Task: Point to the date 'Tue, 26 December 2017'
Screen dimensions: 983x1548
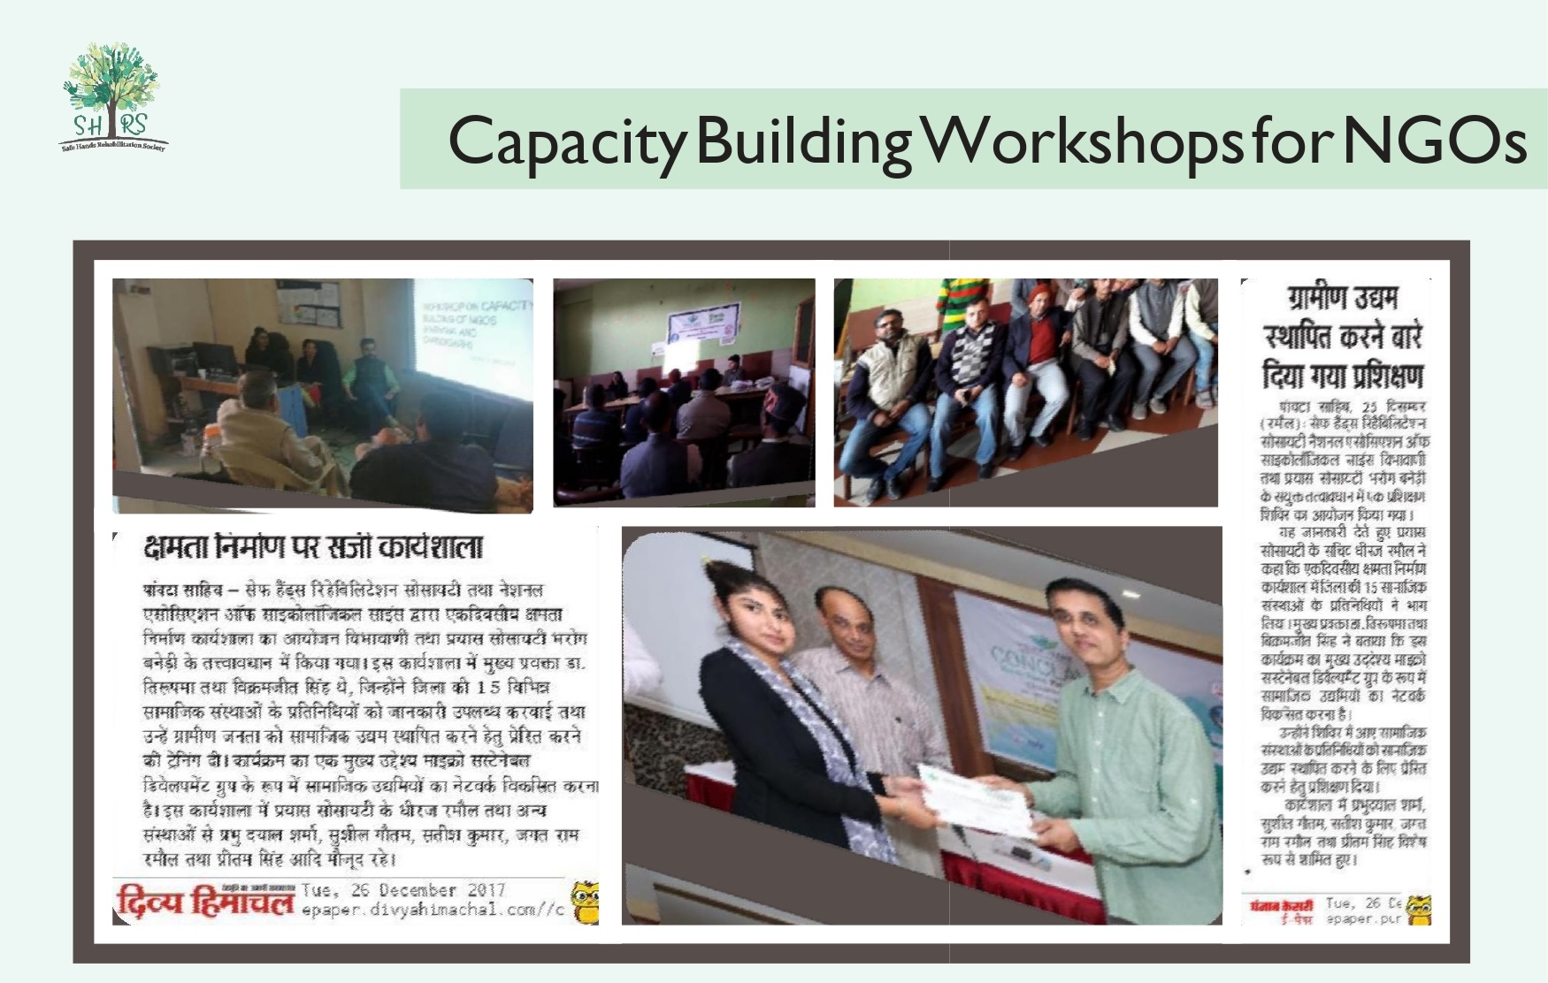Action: (403, 890)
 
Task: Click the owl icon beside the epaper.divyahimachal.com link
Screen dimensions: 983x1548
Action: (584, 903)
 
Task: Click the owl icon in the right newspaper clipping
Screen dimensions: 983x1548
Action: (1418, 910)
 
